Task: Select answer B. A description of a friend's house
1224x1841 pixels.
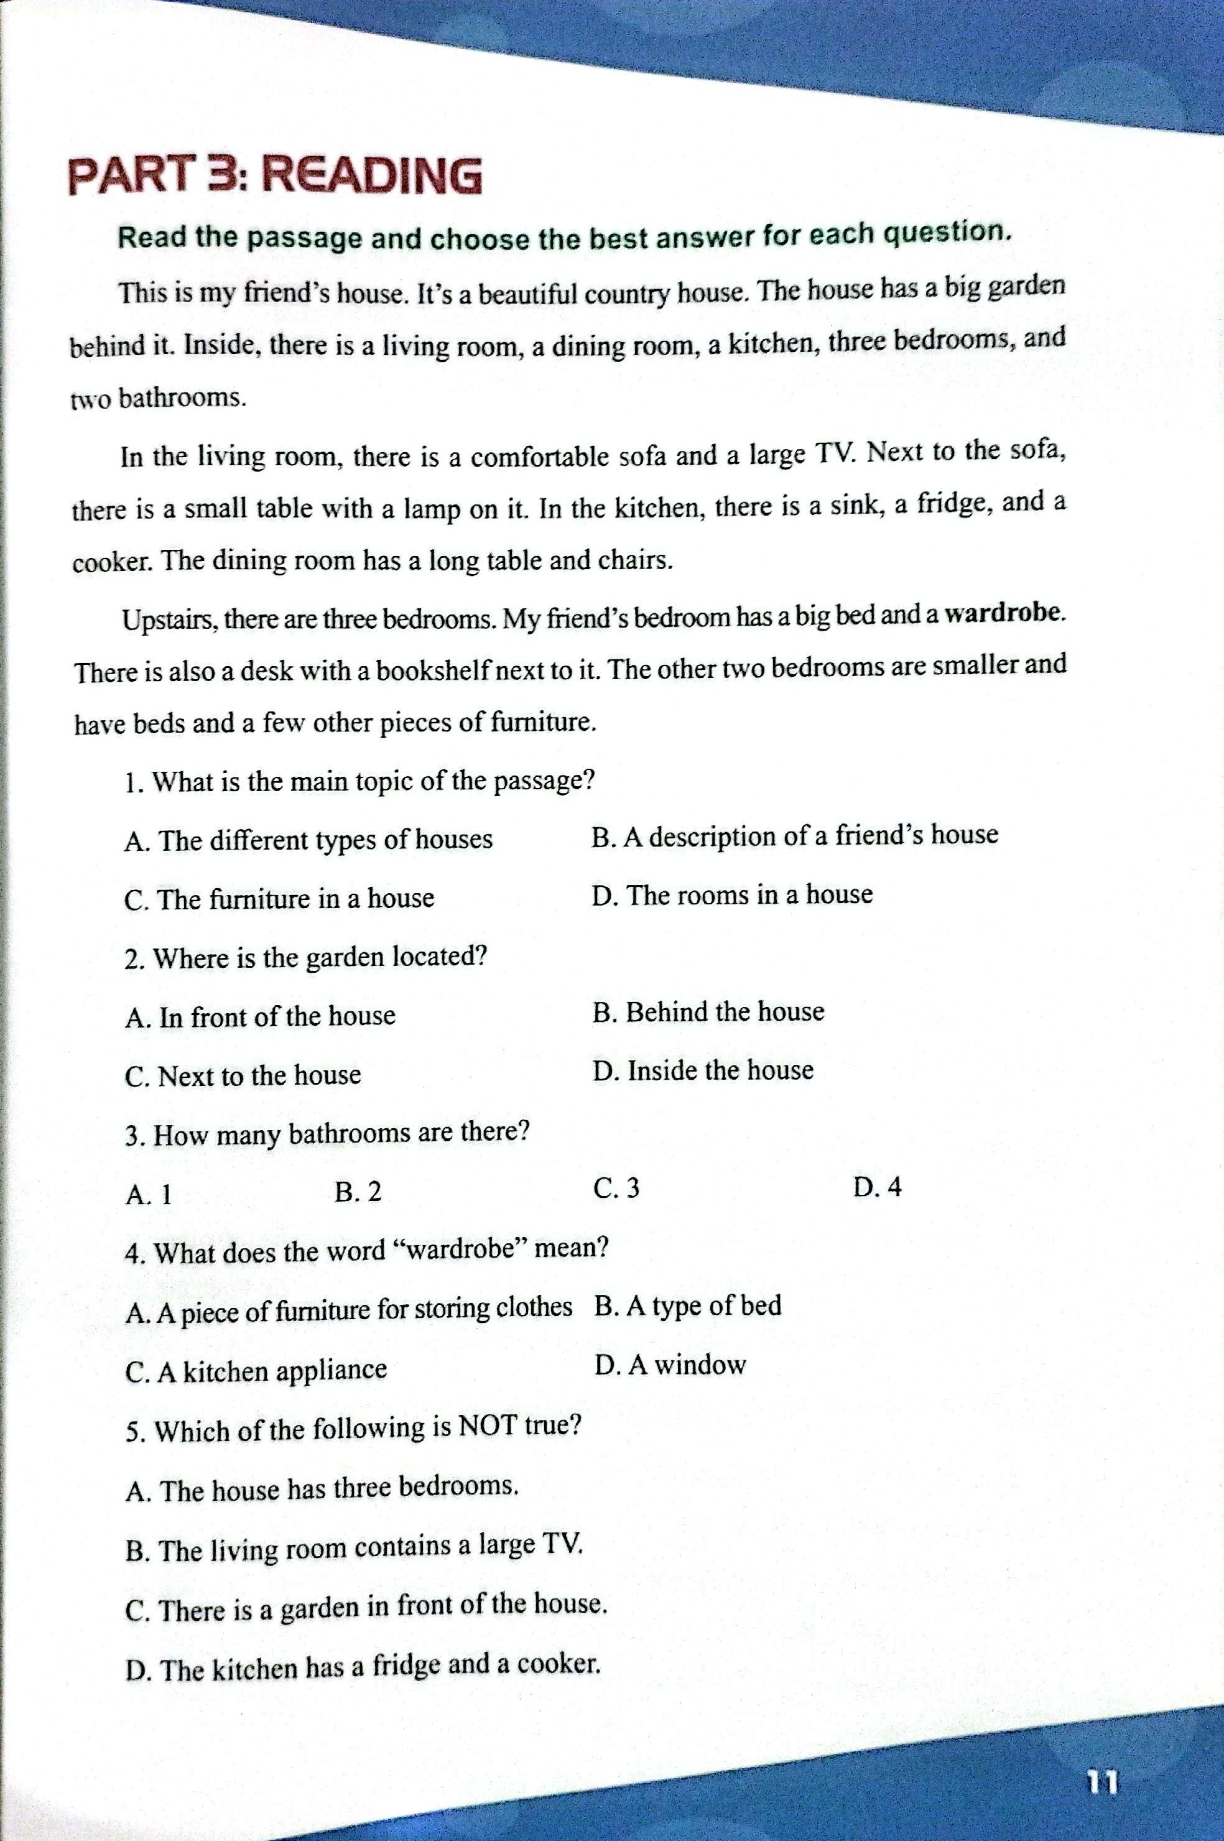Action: (x=795, y=835)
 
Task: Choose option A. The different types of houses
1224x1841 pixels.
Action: (x=308, y=840)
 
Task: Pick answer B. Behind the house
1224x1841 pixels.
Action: (x=708, y=1012)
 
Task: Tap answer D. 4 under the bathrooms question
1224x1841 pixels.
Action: (x=878, y=1188)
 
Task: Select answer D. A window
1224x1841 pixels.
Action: (x=670, y=1365)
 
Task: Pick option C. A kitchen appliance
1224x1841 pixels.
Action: (x=256, y=1370)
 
